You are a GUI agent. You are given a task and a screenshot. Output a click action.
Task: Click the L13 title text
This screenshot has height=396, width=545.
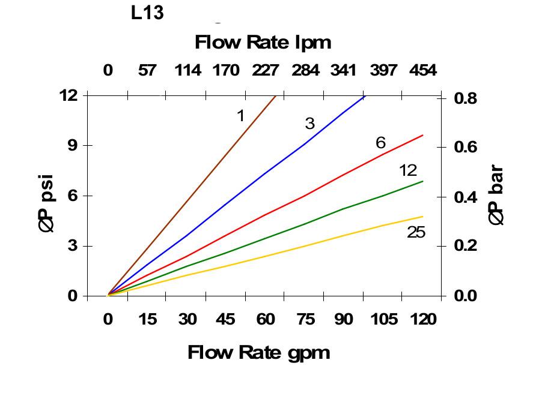pyautogui.click(x=147, y=13)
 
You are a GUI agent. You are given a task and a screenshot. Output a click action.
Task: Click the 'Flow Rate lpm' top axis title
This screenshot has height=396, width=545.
pyautogui.click(x=263, y=43)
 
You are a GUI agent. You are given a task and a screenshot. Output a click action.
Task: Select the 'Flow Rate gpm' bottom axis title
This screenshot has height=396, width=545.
pyautogui.click(x=258, y=352)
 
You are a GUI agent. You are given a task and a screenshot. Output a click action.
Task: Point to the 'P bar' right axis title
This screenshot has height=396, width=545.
pyautogui.click(x=496, y=196)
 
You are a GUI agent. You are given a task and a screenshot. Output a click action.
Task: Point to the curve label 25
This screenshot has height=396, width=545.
pyautogui.click(x=416, y=232)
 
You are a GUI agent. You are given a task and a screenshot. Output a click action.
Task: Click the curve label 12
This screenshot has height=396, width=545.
pyautogui.click(x=407, y=170)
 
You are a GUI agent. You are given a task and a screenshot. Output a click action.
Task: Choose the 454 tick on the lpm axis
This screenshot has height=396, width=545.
pyautogui.click(x=423, y=70)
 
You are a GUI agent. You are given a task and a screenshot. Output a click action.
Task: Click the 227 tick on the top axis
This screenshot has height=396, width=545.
pyautogui.click(x=265, y=70)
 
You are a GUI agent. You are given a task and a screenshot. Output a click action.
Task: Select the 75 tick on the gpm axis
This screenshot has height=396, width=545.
pyautogui.click(x=305, y=319)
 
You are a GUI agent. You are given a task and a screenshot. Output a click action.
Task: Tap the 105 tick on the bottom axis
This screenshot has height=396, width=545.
pyautogui.click(x=383, y=319)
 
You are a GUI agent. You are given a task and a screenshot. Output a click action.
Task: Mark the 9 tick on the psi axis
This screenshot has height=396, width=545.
pyautogui.click(x=72, y=145)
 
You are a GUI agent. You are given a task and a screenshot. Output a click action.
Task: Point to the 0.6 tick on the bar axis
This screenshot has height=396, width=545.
pyautogui.click(x=465, y=147)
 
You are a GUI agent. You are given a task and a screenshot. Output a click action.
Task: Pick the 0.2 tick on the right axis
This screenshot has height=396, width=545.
pyautogui.click(x=465, y=246)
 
